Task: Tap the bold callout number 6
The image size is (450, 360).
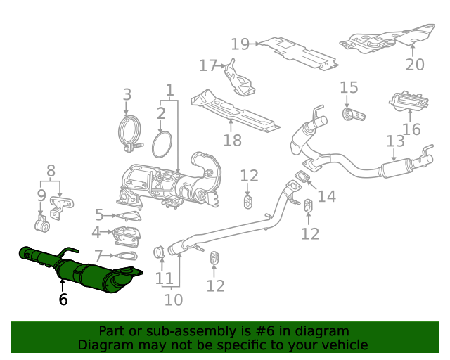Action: tap(63, 300)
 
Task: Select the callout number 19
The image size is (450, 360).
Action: tap(240, 44)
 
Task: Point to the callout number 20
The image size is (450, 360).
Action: tap(415, 65)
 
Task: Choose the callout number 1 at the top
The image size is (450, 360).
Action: tap(169, 90)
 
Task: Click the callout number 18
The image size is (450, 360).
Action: tap(232, 140)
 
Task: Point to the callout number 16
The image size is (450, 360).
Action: tap(411, 129)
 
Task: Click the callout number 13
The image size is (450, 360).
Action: tap(395, 141)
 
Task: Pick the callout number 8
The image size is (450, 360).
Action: tap(51, 170)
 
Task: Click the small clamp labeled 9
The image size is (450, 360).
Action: tap(41, 226)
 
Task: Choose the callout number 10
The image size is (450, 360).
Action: tap(173, 300)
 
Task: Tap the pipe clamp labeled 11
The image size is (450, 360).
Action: tap(160, 251)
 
